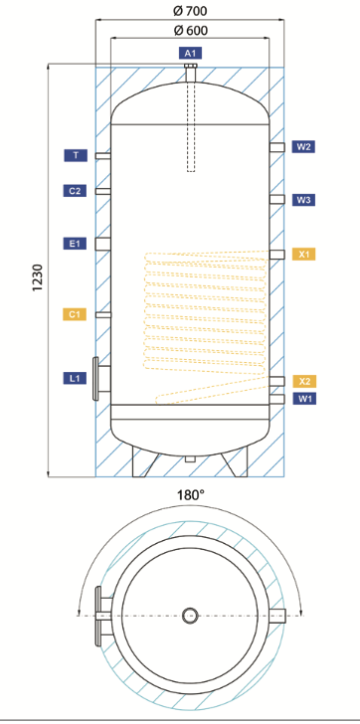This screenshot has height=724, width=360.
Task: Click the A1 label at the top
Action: [191, 53]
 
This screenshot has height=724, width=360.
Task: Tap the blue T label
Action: [76, 155]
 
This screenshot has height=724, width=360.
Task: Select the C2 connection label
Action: [76, 190]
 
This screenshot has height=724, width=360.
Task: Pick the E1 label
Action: [76, 244]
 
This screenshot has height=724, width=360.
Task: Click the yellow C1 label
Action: [75, 314]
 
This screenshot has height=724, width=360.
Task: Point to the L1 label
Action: [76, 378]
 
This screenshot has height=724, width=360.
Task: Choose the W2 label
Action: [303, 147]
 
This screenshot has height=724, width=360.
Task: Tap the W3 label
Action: [303, 200]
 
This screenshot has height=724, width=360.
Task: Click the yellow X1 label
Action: [303, 254]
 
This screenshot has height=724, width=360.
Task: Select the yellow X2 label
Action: [304, 381]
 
